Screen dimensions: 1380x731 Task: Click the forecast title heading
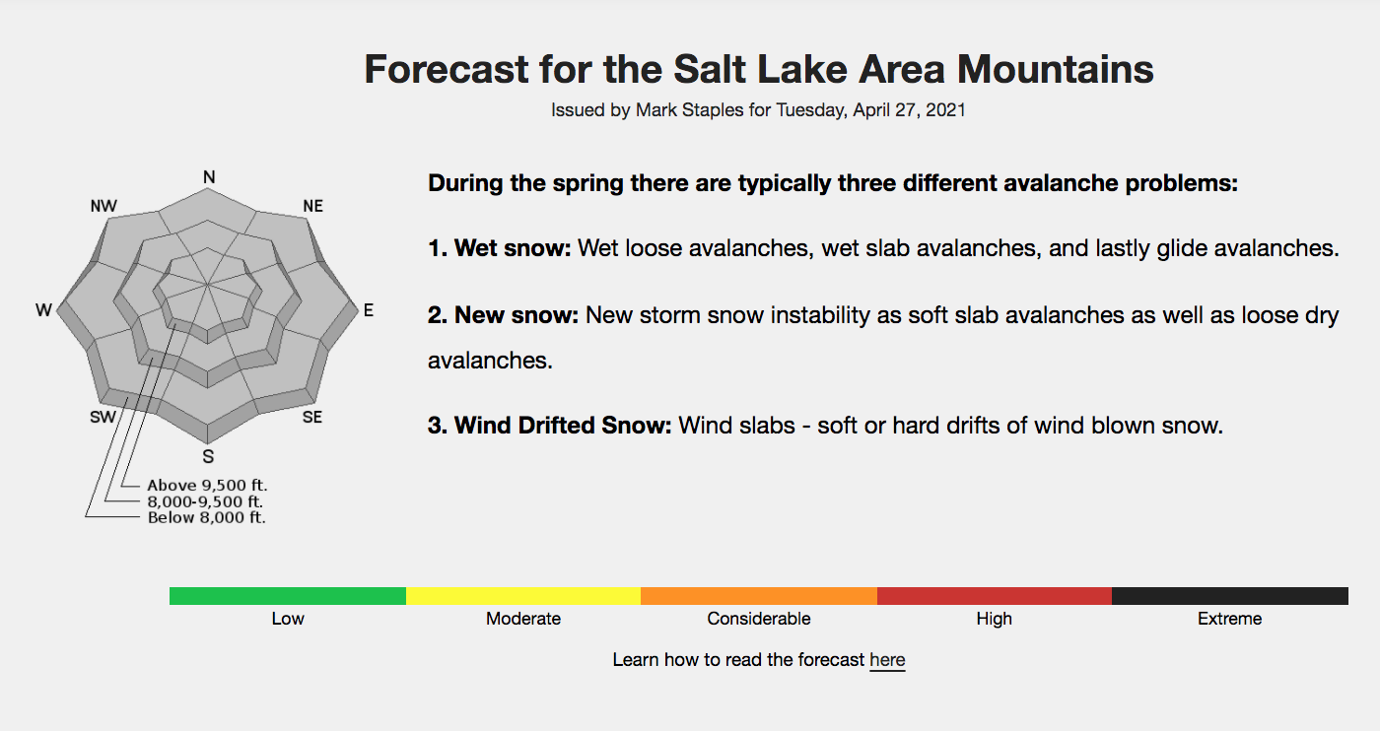[x=758, y=69]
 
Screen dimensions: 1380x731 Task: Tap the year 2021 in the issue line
[x=945, y=110]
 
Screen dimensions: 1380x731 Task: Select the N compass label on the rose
[x=209, y=177]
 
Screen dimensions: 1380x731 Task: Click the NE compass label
[x=313, y=206]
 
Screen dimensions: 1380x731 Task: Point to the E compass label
[x=369, y=310]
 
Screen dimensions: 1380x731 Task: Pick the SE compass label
[x=312, y=417]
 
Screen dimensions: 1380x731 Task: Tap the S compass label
[x=208, y=456]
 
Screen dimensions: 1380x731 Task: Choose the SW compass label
[x=103, y=417]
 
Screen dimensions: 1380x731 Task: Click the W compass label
[x=43, y=310]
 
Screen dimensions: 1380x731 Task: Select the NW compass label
[x=103, y=206]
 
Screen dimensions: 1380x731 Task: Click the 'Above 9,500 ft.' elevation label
[x=207, y=486]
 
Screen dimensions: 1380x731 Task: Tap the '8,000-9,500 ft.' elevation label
[x=205, y=501]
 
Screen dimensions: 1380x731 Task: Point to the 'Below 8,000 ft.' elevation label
[x=206, y=517]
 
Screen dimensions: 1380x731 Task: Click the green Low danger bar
[x=288, y=595]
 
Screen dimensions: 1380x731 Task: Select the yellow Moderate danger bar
[x=523, y=595]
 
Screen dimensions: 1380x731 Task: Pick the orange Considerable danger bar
[x=759, y=595]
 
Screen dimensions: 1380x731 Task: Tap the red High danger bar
[x=995, y=595]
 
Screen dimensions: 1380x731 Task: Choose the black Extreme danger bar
[x=1230, y=595]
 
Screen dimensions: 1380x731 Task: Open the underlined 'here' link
[x=887, y=660]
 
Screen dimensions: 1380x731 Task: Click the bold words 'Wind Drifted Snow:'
[x=549, y=426]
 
